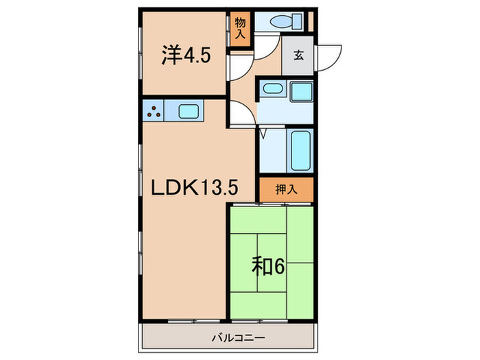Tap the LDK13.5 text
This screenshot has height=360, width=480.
(190, 187)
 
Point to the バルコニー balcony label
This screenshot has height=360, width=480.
(229, 337)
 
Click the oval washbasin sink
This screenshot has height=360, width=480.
(273, 88)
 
